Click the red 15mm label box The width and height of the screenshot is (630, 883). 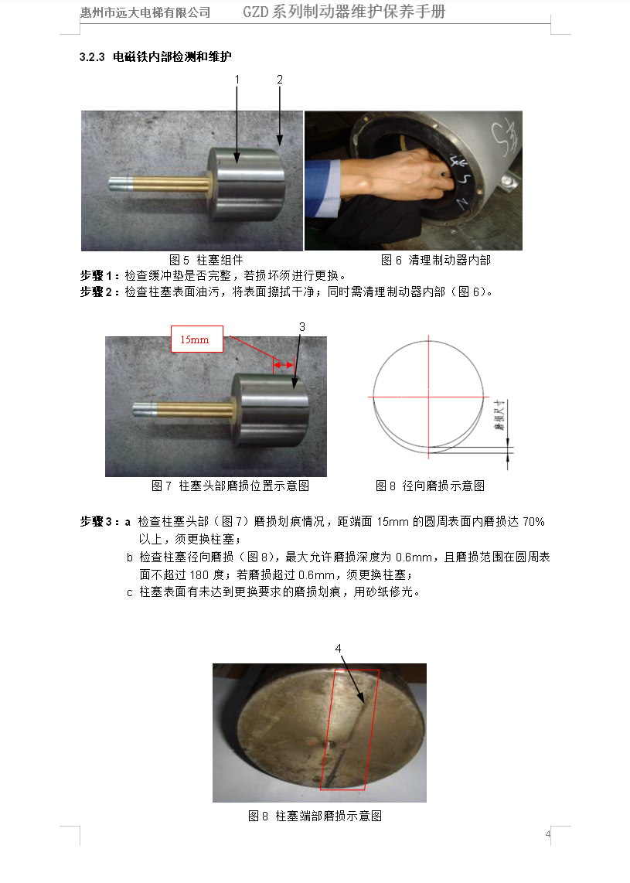[x=197, y=339]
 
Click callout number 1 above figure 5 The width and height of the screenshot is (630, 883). [x=237, y=80]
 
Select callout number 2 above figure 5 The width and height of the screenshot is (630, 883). [x=280, y=80]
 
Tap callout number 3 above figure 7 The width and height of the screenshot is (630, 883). [x=302, y=326]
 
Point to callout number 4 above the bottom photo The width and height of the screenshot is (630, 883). [x=339, y=648]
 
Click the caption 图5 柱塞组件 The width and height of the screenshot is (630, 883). [x=206, y=260]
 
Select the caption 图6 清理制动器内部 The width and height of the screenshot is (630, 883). [x=436, y=260]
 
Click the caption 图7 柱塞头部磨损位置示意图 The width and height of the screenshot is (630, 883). [x=230, y=486]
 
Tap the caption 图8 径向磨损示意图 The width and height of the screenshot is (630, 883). [x=430, y=486]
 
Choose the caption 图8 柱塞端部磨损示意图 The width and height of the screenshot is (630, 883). [x=315, y=816]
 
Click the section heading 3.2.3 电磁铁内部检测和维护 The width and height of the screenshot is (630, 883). [x=155, y=57]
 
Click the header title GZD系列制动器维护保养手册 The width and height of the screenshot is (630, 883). [x=344, y=12]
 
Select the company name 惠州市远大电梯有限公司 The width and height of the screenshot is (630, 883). [x=145, y=12]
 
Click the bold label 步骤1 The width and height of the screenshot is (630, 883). [x=99, y=275]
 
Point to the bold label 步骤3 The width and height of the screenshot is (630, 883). [x=99, y=521]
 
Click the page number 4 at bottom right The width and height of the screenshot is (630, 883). [x=548, y=834]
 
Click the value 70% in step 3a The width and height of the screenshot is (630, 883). [x=533, y=521]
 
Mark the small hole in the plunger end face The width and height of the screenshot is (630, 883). [x=332, y=744]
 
